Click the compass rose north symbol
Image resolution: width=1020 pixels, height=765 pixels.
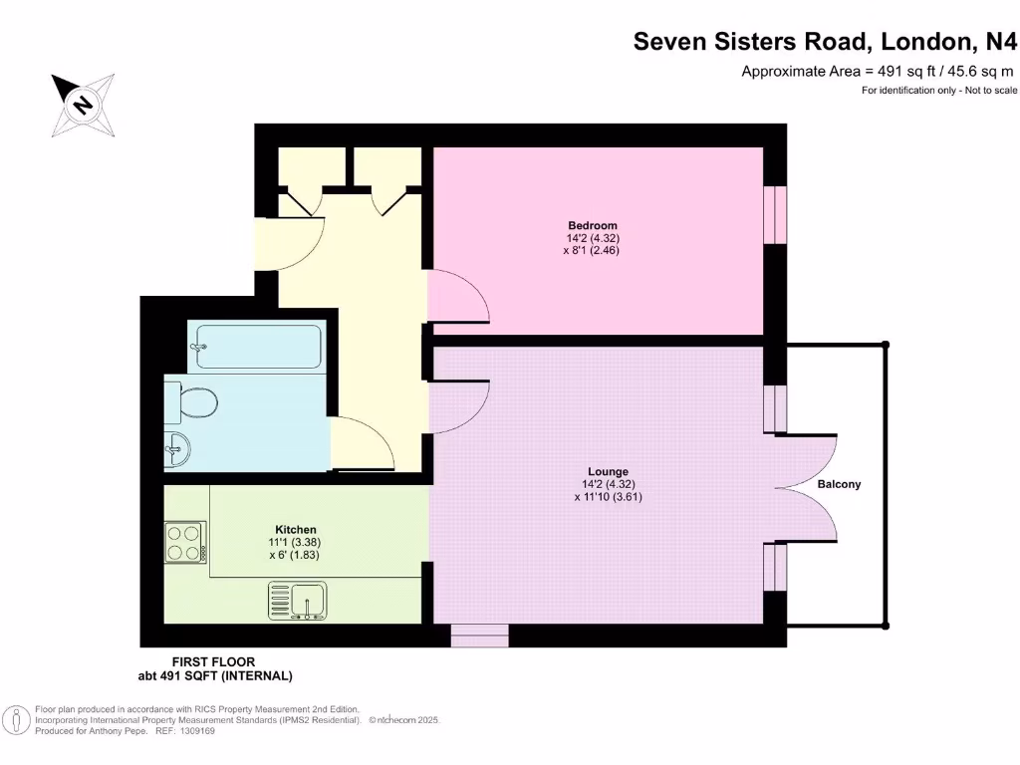pos(82,104)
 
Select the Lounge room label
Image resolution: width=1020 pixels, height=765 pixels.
pos(608,472)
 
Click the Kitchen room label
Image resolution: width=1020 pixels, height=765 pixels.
pos(296,530)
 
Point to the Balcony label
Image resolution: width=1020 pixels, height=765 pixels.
pos(839,485)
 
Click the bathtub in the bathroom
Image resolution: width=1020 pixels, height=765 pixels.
pos(257,348)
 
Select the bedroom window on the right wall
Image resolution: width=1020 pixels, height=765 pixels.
pos(775,214)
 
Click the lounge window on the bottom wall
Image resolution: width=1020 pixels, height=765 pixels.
pos(480,636)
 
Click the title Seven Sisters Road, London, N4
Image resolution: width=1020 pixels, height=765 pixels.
pos(826,42)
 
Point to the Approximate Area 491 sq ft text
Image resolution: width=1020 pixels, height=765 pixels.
pos(877,71)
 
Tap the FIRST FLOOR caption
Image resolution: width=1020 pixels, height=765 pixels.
pos(214,662)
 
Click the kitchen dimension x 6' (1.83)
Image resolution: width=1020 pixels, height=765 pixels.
pos(296,556)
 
